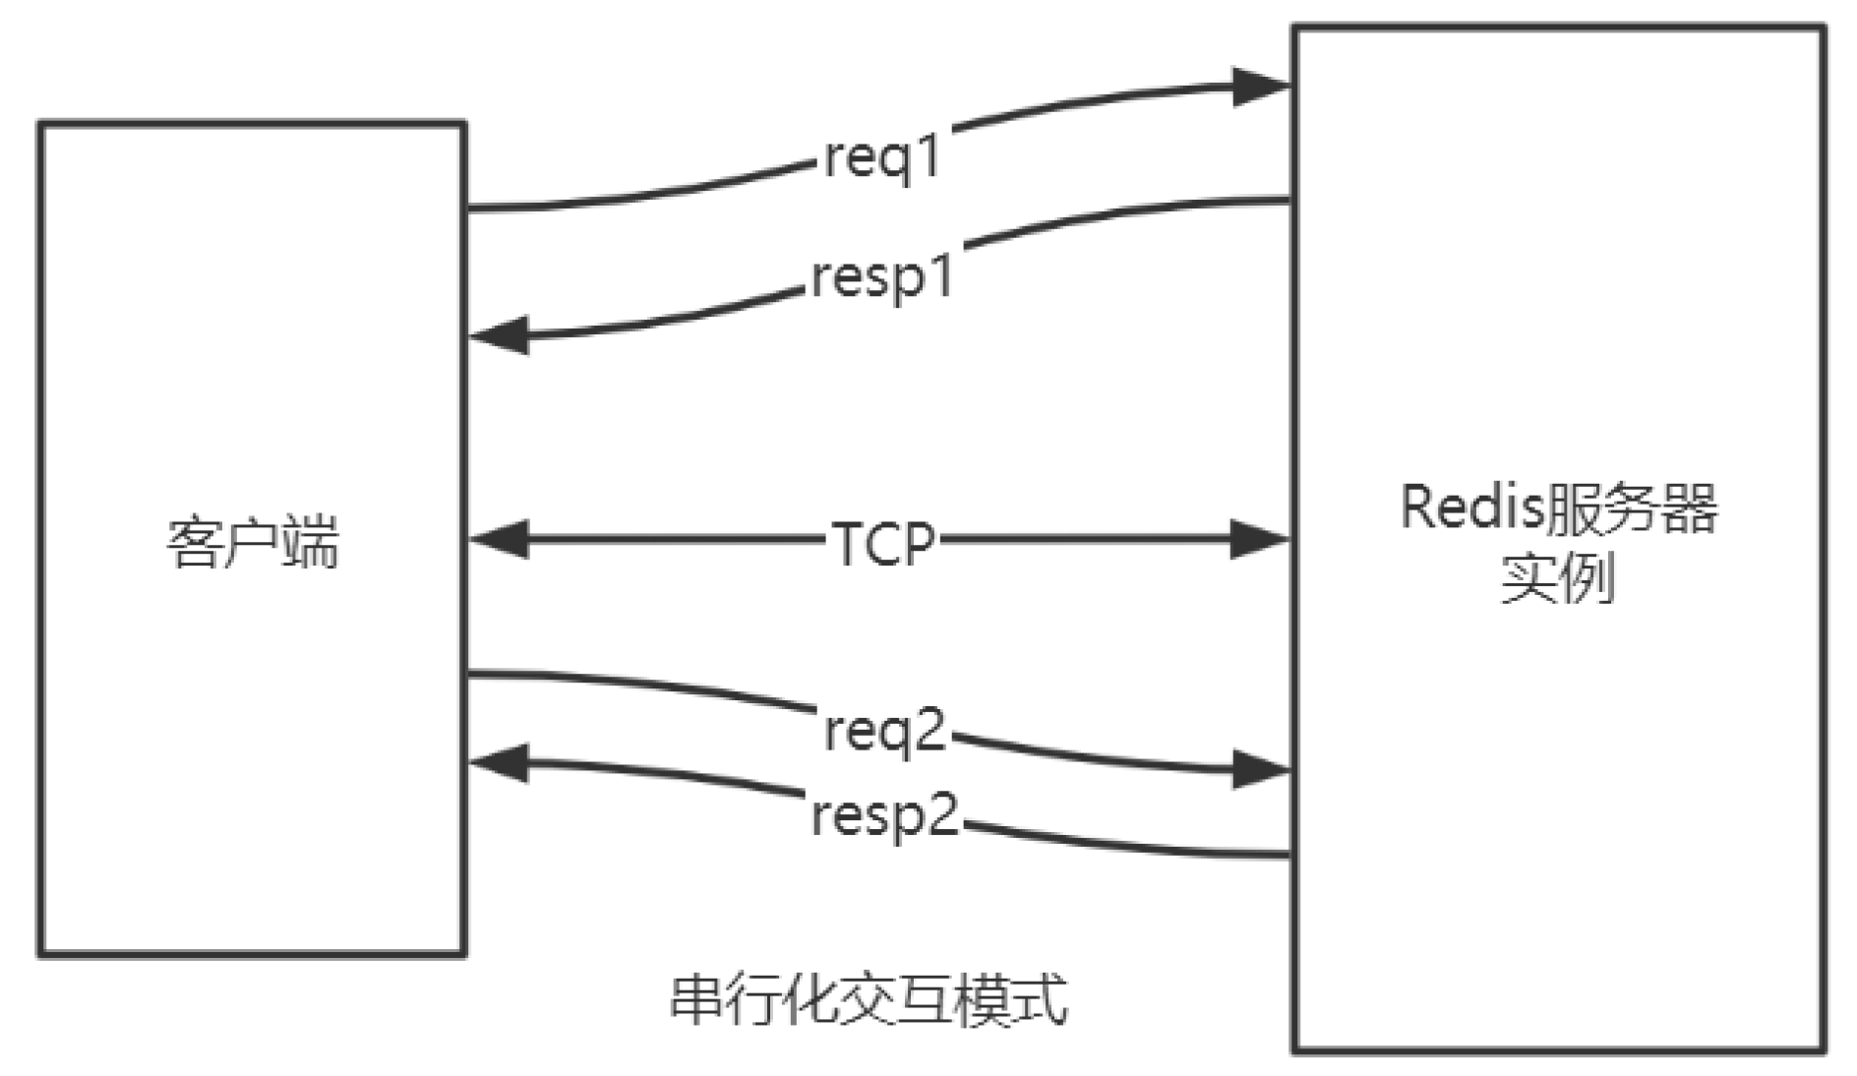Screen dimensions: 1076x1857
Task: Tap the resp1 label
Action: pos(882,277)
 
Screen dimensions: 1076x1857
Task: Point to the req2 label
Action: pos(884,731)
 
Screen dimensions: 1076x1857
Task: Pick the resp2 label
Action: pos(884,815)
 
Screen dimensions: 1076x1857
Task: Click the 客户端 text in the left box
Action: pos(253,542)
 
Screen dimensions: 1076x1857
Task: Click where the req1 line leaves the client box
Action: pos(469,209)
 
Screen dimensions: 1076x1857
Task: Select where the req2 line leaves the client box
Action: pos(469,674)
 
